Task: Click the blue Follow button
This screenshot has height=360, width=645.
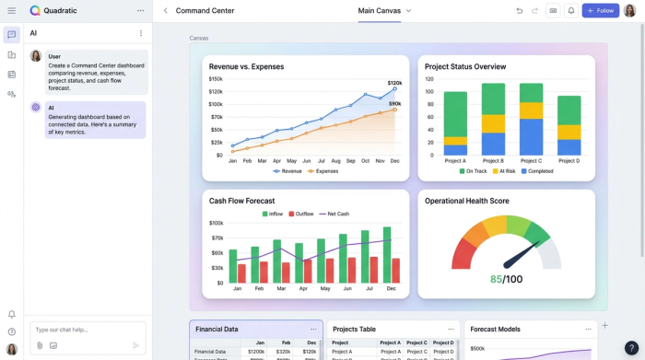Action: click(600, 11)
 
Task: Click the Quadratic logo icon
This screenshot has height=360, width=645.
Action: click(35, 11)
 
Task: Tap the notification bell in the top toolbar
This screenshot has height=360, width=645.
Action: click(570, 11)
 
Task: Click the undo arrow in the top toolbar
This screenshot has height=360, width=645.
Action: click(519, 11)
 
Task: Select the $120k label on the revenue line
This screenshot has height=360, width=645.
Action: click(394, 83)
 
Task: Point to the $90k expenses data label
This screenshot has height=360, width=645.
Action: click(394, 104)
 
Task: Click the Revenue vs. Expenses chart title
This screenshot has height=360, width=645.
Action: click(246, 67)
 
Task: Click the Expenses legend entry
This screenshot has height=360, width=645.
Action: click(323, 171)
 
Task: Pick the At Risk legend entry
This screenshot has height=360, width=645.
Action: click(505, 171)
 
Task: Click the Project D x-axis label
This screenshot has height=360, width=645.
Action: click(569, 161)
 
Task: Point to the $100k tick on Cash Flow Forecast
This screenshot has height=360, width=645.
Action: click(217, 223)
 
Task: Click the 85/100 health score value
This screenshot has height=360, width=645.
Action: click(506, 279)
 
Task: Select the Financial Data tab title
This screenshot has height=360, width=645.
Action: click(217, 329)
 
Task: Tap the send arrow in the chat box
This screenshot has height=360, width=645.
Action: click(135, 345)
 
